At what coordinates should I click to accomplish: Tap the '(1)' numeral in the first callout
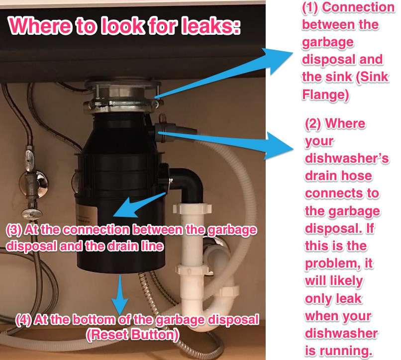(x=313, y=8)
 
